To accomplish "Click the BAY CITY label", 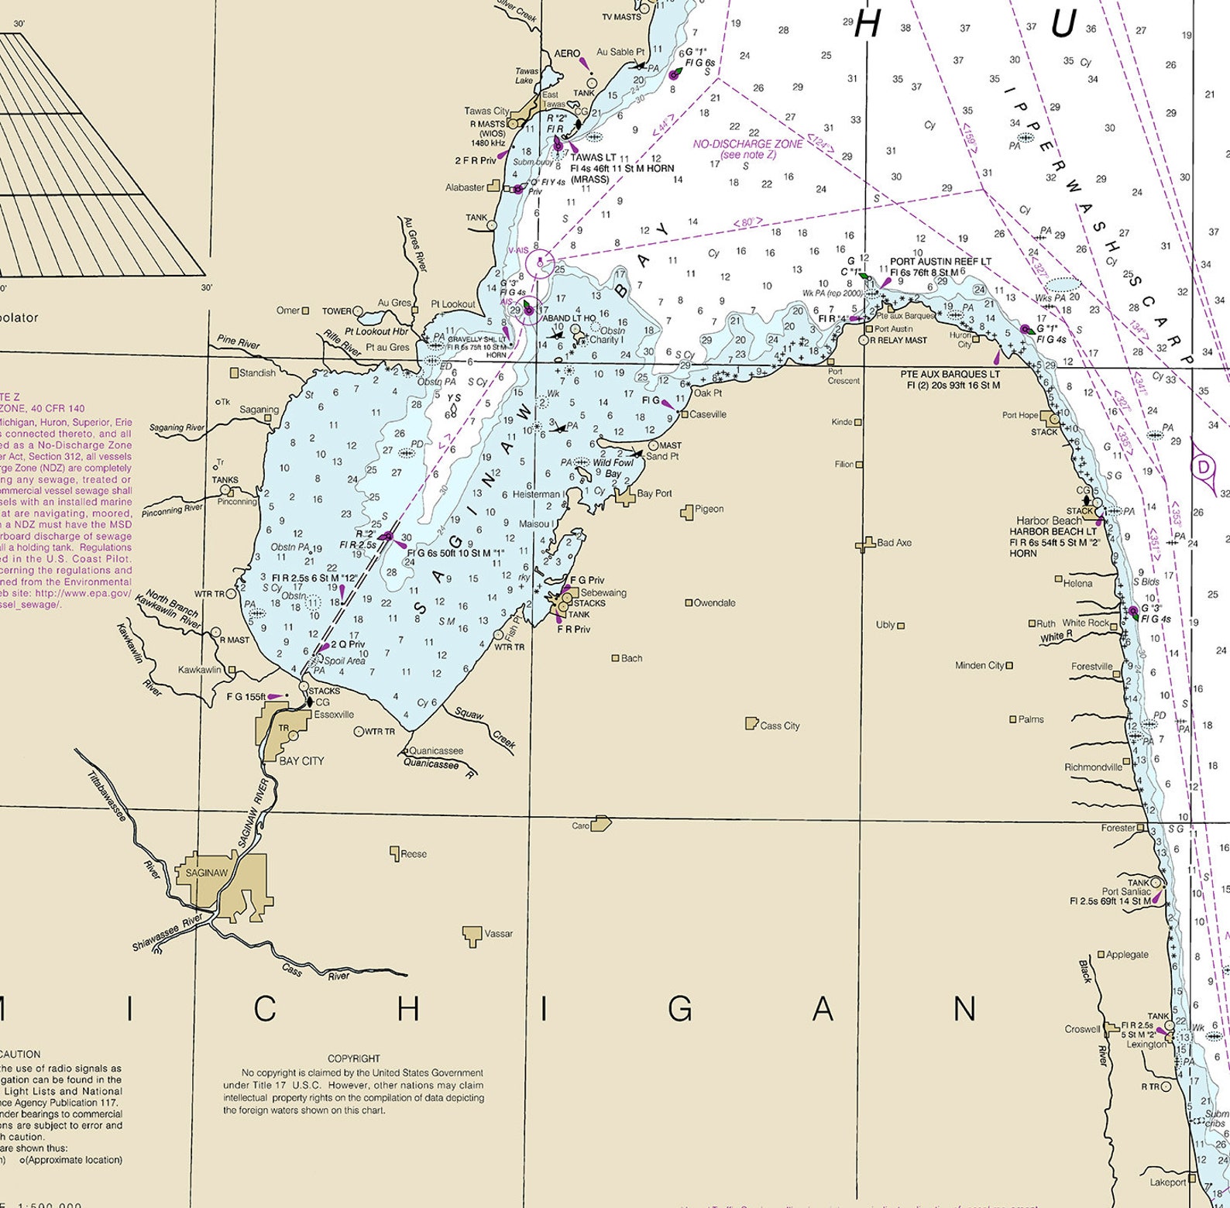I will pos(301,761).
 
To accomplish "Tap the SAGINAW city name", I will pos(207,873).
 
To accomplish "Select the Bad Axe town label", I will pos(894,543).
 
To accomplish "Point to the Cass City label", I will pos(779,726).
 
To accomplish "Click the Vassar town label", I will pos(498,933).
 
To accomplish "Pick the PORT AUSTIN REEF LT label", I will pos(940,262).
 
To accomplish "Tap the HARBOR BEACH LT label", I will pos(1053,532).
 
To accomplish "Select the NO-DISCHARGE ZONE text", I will pos(737,144).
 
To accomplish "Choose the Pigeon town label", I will pos(709,509).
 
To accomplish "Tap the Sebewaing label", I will pos(603,592).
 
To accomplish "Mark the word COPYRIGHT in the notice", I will pos(353,1059).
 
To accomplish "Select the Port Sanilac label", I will pos(1126,891).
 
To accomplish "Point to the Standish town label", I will pos(257,372).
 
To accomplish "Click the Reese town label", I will pos(414,854).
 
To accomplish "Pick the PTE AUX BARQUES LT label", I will pos(950,374).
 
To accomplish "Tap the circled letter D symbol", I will pos(1203,467).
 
